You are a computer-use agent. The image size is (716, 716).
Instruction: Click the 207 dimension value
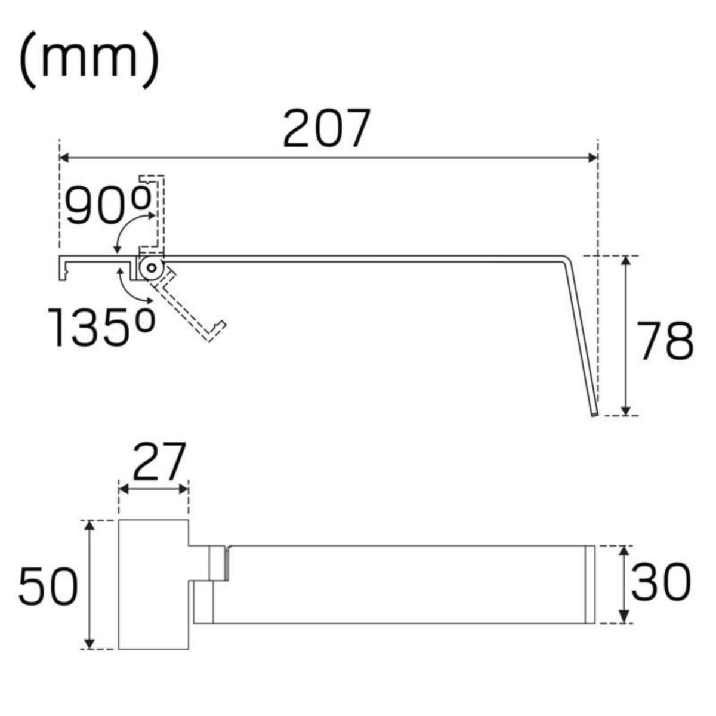(327, 128)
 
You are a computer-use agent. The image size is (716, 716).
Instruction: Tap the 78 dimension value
(665, 341)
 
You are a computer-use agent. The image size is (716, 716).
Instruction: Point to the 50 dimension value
(48, 587)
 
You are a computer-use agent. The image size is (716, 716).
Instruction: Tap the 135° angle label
(101, 327)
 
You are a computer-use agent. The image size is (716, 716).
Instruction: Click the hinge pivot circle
(152, 267)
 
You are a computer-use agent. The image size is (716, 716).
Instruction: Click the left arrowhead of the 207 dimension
(64, 158)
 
